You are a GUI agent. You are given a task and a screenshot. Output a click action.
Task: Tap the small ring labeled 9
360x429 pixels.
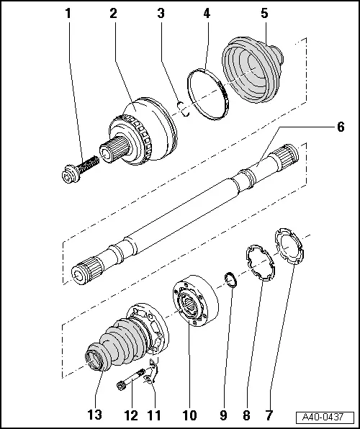228,278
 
